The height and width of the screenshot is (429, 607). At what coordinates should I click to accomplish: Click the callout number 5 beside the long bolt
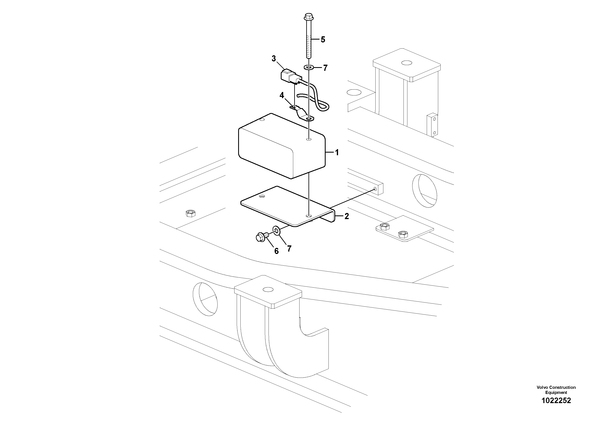pyautogui.click(x=323, y=40)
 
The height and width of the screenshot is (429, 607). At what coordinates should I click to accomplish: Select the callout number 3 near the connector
pyautogui.click(x=274, y=59)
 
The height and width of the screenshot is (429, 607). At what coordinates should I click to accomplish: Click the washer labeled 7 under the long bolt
pyautogui.click(x=308, y=68)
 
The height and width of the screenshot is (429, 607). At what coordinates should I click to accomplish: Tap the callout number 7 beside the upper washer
pyautogui.click(x=325, y=68)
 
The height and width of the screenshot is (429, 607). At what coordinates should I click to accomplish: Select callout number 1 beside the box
pyautogui.click(x=337, y=152)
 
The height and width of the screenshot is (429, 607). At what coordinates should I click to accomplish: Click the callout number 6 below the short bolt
pyautogui.click(x=276, y=251)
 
